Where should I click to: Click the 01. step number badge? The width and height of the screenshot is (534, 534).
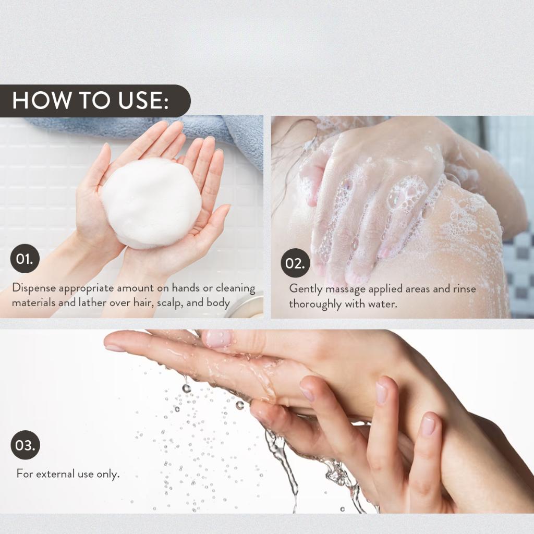(25, 259)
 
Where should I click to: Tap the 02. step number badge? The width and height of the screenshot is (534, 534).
(295, 263)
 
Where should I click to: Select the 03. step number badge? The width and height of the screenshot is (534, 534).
(25, 445)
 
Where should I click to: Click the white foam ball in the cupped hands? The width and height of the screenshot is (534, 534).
(151, 203)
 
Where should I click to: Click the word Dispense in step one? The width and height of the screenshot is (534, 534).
(34, 288)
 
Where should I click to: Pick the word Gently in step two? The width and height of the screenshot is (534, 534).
(306, 289)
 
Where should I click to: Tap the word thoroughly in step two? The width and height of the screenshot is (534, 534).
(315, 304)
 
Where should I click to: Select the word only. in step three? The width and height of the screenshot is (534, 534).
(108, 474)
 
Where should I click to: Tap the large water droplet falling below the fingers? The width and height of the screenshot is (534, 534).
(186, 388)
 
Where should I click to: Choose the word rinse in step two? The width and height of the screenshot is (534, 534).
(464, 289)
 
